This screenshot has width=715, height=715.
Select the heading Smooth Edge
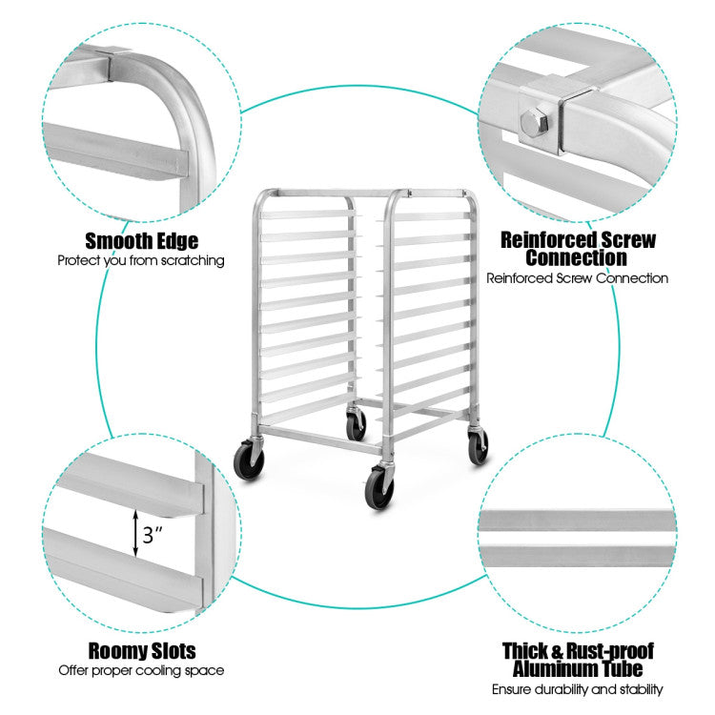(x=141, y=240)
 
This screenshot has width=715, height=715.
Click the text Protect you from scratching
(x=141, y=259)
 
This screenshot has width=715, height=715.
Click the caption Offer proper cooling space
(x=141, y=670)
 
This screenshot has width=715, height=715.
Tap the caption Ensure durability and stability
(x=578, y=689)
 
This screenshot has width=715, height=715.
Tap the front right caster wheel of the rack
(x=378, y=487)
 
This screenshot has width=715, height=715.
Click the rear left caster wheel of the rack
(x=356, y=425)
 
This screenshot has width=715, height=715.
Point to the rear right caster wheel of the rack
(x=478, y=445)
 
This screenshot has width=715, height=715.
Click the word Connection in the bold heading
(x=578, y=257)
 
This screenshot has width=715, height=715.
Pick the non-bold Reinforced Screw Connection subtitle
(x=578, y=278)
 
